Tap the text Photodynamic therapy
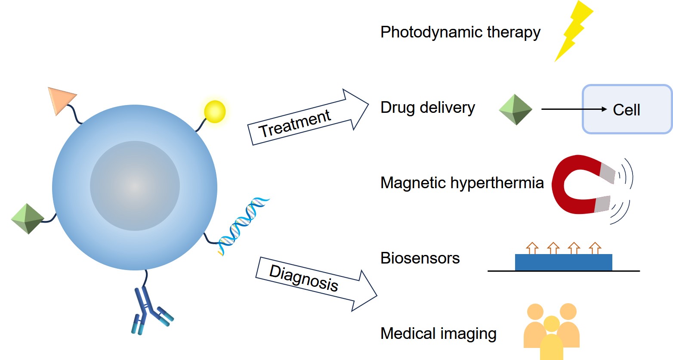pyautogui.click(x=460, y=32)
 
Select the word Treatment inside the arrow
pyautogui.click(x=295, y=123)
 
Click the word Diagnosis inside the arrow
pyautogui.click(x=304, y=278)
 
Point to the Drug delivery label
pyautogui.click(x=427, y=108)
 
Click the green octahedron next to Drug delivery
pyautogui.click(x=516, y=110)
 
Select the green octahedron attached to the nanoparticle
pyautogui.click(x=27, y=219)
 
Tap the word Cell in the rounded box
pyautogui.click(x=626, y=110)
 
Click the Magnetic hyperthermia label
pyautogui.click(x=462, y=183)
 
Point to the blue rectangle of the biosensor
pyautogui.click(x=563, y=262)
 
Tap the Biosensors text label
pyautogui.click(x=420, y=258)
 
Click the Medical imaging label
pyautogui.click(x=438, y=334)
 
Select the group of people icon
pyautogui.click(x=551, y=332)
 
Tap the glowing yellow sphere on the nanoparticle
pyautogui.click(x=214, y=112)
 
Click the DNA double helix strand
pyautogui.click(x=243, y=226)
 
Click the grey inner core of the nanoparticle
pyautogui.click(x=135, y=186)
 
